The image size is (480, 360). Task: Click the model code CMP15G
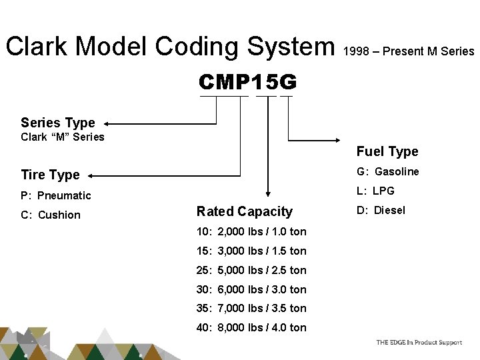pos(247,83)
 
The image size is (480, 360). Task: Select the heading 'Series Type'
pos(58,123)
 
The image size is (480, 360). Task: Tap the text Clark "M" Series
pos(63,137)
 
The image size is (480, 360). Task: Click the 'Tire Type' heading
pos(50,175)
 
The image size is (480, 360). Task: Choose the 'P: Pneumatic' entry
pos(55,195)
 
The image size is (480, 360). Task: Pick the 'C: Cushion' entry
pos(50,215)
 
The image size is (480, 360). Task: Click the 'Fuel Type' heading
pos(387,151)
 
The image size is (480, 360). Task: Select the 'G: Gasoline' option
pos(387,171)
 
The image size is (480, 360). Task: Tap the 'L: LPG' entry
pos(375,191)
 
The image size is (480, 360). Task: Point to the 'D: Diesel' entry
pos(381,211)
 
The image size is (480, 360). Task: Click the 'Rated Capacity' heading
pos(245,211)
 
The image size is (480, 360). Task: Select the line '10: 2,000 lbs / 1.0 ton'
pos(251,231)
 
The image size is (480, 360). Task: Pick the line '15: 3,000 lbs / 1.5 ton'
pos(251,251)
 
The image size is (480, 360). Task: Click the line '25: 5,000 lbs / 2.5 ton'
pos(251,270)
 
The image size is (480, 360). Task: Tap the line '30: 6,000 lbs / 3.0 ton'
pos(251,289)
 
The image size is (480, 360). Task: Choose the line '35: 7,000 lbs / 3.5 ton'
pos(251,308)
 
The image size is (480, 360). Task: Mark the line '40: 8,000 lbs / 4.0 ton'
pos(251,327)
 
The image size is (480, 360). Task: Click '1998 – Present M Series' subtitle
pos(409,51)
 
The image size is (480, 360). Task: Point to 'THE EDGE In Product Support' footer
pos(419,343)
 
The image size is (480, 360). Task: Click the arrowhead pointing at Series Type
pos(109,123)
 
